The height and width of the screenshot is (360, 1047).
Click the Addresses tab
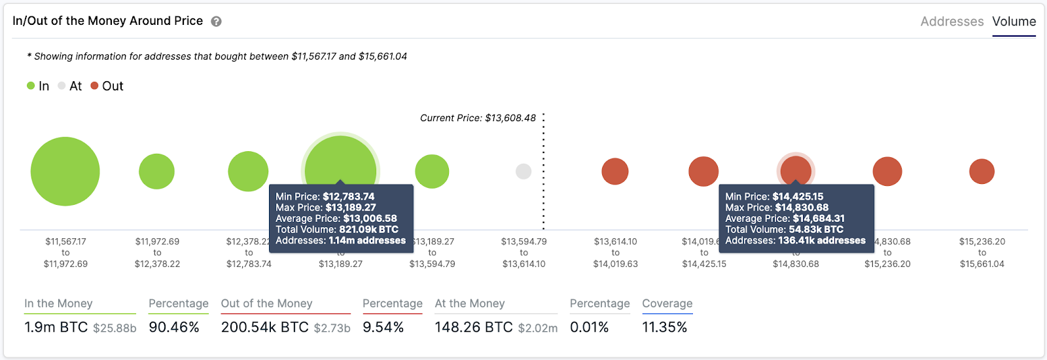(x=951, y=22)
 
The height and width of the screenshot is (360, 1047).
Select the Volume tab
(x=1014, y=22)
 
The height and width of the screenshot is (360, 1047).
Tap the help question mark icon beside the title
(x=216, y=22)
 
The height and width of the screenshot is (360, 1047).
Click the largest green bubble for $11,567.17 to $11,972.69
(x=65, y=171)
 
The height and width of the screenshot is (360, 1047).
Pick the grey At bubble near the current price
(x=523, y=171)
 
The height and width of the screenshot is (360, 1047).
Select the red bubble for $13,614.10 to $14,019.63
(x=615, y=171)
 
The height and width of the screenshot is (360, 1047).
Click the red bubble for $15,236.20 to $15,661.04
(x=982, y=171)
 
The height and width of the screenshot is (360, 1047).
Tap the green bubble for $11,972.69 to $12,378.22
(x=157, y=171)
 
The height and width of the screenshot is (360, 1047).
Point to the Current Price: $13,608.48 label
(x=478, y=118)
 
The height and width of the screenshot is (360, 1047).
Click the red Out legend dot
(x=94, y=86)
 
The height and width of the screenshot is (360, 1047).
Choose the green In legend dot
(x=31, y=86)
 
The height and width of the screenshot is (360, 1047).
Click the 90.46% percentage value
(x=174, y=327)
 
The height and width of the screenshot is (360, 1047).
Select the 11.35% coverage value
(x=664, y=327)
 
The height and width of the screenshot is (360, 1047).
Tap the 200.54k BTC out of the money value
(x=264, y=327)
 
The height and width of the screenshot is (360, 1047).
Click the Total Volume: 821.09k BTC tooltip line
(x=337, y=230)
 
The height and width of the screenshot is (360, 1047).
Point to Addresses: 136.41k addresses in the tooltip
(x=795, y=241)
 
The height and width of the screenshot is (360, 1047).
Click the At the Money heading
(x=470, y=304)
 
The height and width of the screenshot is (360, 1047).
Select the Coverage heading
(x=667, y=304)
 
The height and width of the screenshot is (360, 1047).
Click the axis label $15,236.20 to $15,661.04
(x=982, y=253)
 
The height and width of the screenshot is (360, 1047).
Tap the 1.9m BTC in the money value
(x=56, y=327)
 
